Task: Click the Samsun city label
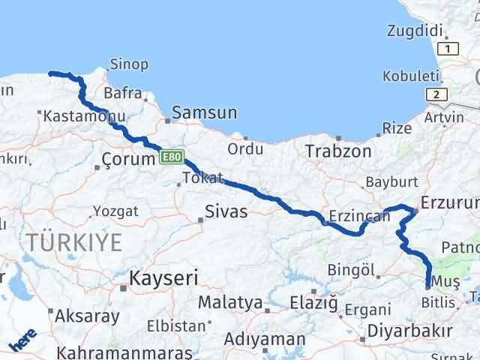[x=204, y=112]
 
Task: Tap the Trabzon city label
[x=338, y=151]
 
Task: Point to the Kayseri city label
[x=163, y=278]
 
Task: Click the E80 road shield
[x=171, y=157]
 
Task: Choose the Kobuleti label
[x=410, y=76]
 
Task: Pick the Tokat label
[x=202, y=178]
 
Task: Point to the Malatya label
[x=229, y=304]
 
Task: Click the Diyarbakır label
[x=409, y=331]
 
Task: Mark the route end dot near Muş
[x=427, y=286]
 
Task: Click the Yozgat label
[x=117, y=211]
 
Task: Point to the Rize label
[x=397, y=128]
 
